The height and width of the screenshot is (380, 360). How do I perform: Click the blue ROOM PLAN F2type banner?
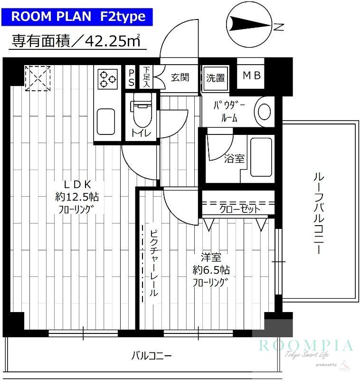[78, 17]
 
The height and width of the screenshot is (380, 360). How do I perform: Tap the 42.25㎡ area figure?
[114, 41]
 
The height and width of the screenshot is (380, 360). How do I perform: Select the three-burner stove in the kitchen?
[108, 78]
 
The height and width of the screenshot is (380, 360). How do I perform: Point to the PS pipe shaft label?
[132, 77]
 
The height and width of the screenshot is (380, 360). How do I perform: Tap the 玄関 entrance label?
[180, 77]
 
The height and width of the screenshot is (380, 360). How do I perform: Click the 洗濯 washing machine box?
[215, 77]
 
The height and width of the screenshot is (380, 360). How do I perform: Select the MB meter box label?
[251, 76]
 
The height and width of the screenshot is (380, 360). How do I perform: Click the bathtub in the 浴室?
[260, 157]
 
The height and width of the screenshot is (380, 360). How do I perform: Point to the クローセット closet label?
[239, 209]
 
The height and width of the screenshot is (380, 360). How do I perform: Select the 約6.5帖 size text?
[211, 270]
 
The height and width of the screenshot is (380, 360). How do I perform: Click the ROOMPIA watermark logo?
[306, 346]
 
